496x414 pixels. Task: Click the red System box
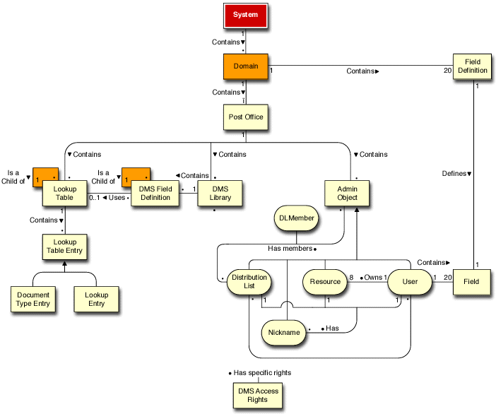[245, 15]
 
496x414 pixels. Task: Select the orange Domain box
[245, 66]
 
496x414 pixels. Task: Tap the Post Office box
[245, 117]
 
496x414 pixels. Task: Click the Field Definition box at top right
[473, 66]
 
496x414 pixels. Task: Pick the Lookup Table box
[65, 193]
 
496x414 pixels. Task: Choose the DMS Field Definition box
[155, 193]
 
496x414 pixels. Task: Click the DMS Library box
[219, 193]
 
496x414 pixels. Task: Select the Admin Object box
[347, 193]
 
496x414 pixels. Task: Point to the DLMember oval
[296, 219]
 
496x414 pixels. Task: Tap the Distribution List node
[248, 282]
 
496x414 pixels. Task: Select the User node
[409, 282]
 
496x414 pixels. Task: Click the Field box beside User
[472, 281]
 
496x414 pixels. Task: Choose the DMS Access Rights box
[257, 396]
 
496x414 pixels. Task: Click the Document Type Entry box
[34, 299]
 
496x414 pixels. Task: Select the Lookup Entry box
[96, 299]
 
